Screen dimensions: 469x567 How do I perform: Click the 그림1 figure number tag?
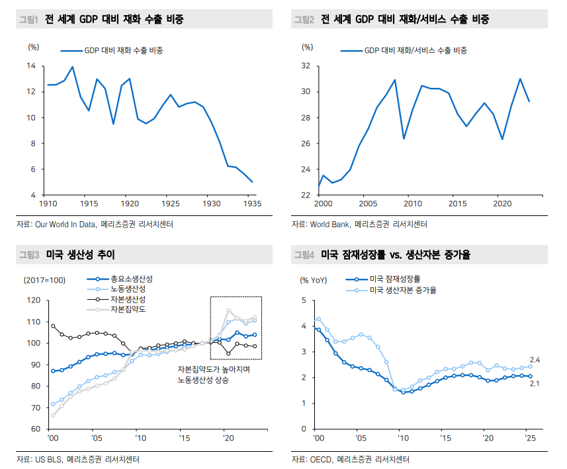(28, 20)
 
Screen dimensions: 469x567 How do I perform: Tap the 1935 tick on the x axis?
(251, 203)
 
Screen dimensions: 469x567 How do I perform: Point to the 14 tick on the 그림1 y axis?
(31, 66)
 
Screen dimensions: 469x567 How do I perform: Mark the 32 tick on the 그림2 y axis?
(306, 66)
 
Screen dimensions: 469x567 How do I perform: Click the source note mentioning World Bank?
(359, 225)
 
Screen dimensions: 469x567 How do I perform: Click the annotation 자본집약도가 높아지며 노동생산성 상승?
(212, 375)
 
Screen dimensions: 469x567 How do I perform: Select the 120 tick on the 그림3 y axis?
(32, 301)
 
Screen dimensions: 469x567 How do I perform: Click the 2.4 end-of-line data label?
(535, 359)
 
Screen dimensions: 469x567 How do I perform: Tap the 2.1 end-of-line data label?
(535, 383)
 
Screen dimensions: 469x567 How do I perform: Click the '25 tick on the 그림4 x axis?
(529, 438)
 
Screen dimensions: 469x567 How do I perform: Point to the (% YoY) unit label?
(314, 280)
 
